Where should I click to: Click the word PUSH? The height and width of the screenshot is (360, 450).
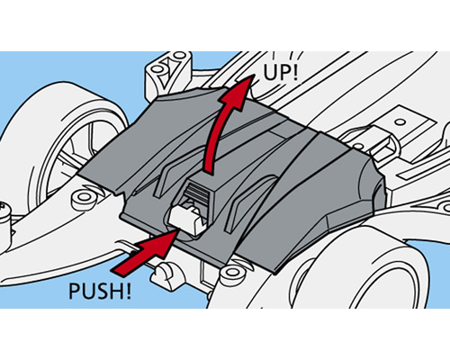coord(100,291)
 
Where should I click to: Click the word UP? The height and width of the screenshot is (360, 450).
coord(281,72)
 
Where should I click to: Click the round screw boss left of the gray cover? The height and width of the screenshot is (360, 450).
coord(84,198)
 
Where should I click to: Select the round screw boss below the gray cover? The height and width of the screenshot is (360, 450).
coord(231,273)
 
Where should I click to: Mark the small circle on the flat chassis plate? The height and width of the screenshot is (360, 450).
coord(400,122)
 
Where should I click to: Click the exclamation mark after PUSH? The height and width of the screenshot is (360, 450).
coord(128,291)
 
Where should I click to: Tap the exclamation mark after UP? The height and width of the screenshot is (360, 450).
coord(295,72)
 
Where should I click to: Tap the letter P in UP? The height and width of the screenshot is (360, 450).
coord(285,72)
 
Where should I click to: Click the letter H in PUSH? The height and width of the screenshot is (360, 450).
coord(115,291)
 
